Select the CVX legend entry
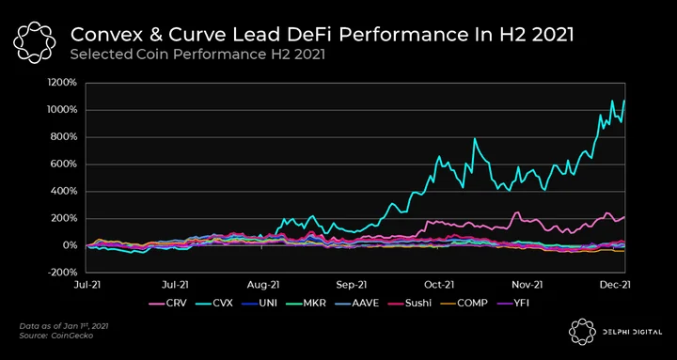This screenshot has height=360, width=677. click(x=215, y=303)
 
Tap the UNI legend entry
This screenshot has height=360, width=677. click(x=260, y=303)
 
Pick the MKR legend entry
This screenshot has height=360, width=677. click(x=305, y=303)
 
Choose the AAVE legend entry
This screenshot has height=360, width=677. click(x=356, y=303)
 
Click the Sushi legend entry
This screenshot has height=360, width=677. click(x=409, y=303)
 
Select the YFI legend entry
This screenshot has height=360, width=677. click(x=512, y=303)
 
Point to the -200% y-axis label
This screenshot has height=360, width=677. click(x=63, y=273)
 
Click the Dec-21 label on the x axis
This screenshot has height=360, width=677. click(x=613, y=285)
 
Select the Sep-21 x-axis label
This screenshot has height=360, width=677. click(x=353, y=285)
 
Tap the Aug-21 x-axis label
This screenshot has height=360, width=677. click(x=264, y=285)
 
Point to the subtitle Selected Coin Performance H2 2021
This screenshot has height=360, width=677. click(x=197, y=55)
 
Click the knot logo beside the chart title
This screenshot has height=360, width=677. click(x=34, y=42)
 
